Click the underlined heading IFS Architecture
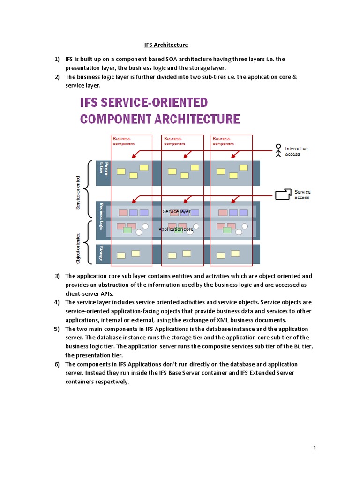click(165, 45)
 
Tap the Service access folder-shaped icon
click(283, 194)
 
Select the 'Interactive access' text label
click(296, 151)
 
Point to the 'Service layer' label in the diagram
click(176, 212)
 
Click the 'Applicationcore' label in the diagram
click(176, 229)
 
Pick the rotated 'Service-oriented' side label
click(78, 192)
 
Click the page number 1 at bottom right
click(315, 449)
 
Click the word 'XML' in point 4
click(216, 320)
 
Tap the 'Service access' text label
click(302, 195)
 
